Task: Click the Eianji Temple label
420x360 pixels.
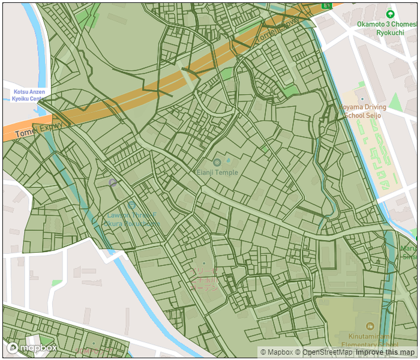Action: point(217,172)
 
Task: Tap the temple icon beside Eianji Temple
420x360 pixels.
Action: point(217,162)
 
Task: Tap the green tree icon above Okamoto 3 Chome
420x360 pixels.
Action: point(390,14)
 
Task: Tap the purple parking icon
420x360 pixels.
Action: point(112,182)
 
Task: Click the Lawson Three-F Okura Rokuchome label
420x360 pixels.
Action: point(131,219)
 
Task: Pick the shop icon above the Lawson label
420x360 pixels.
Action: point(131,205)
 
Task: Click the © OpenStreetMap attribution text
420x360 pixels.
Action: point(323,353)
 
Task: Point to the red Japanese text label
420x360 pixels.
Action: point(204,280)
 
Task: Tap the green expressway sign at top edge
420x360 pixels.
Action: point(326,4)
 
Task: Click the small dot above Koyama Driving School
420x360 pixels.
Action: point(362,99)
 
